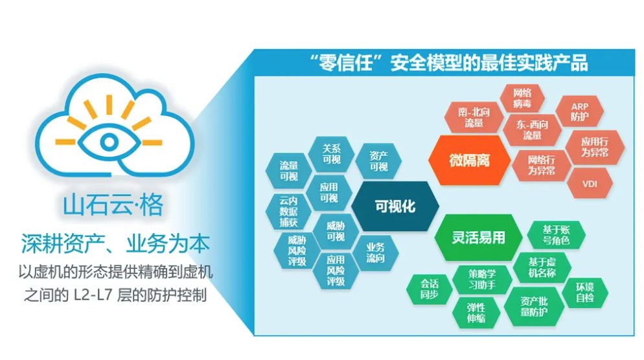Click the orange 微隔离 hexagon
470,160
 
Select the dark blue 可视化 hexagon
395,206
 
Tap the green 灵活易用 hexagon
479,237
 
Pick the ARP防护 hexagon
579,111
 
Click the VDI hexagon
590,184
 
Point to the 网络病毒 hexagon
522,98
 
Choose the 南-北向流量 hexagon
474,117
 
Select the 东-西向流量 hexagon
533,129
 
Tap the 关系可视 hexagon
332,154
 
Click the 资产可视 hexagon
378,161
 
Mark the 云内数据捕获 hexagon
288,211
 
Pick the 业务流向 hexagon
375,253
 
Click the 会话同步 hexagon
429,289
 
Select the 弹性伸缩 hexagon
476,313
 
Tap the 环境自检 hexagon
585,292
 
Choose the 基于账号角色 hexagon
556,235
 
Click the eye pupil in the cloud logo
109,142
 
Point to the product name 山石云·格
113,205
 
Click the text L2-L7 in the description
93,295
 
